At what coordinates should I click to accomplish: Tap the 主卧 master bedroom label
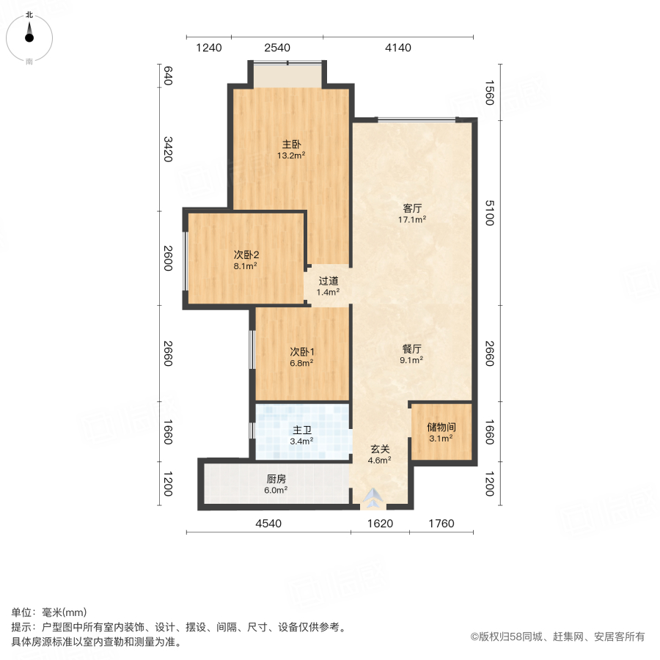click(291, 144)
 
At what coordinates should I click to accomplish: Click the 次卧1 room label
click(301, 351)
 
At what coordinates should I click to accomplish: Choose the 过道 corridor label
click(328, 281)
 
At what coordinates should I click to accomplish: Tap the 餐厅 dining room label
click(411, 349)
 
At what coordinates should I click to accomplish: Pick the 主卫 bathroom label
click(301, 430)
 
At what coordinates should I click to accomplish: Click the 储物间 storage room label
click(441, 427)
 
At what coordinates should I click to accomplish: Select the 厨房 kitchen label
click(276, 479)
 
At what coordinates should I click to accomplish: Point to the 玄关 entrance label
click(379, 449)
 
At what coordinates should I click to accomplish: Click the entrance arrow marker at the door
click(375, 498)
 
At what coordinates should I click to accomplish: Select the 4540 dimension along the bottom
click(268, 524)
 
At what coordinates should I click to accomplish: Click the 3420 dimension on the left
click(167, 149)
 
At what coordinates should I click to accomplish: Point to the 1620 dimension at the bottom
click(380, 524)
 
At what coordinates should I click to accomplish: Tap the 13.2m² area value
click(291, 155)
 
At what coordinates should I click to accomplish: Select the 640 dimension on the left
click(167, 76)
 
